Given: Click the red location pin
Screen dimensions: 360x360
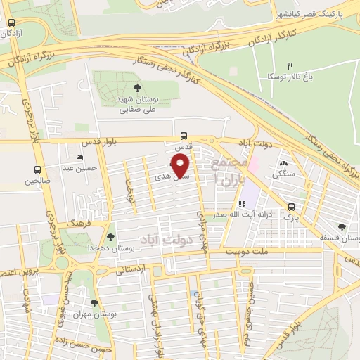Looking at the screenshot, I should [181, 166].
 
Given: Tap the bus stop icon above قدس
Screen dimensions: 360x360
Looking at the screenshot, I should [184, 136].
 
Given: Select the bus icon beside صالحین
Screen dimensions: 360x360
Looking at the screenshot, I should [37, 169].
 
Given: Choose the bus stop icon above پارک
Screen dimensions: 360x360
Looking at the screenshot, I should [291, 206].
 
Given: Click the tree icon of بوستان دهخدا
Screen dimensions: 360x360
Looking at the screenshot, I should [110, 237].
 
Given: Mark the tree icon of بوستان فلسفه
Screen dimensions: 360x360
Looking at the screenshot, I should [342, 227].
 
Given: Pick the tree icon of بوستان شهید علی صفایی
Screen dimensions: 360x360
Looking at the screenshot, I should [136, 88].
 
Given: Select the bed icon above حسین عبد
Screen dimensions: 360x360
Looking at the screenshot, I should [79, 157].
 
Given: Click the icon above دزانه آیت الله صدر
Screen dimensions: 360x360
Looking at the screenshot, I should [243, 205].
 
